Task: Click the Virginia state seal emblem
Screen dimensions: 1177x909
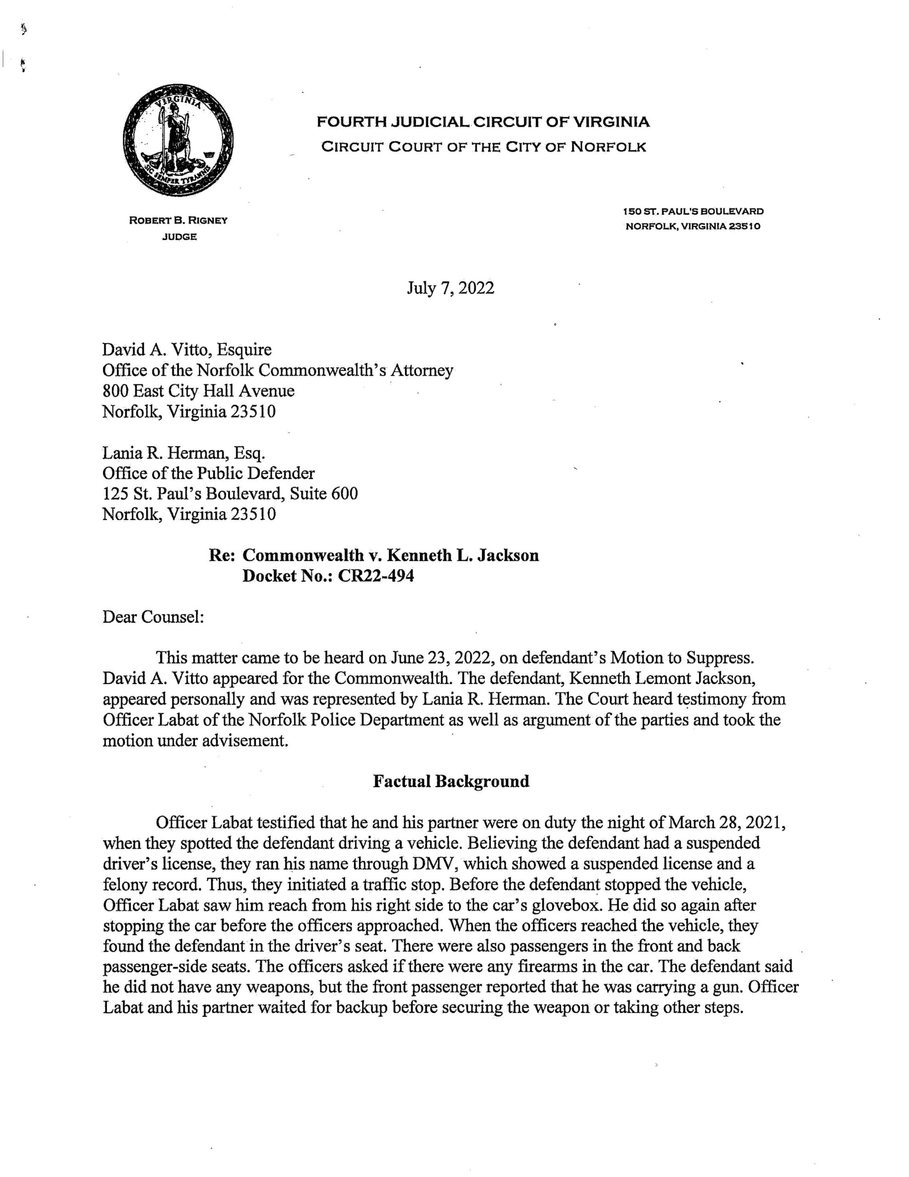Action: click(x=178, y=140)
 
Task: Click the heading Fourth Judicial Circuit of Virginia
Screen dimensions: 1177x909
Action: click(x=483, y=122)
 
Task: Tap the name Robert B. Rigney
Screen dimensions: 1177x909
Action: click(x=178, y=220)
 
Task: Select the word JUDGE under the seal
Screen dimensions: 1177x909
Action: click(x=179, y=237)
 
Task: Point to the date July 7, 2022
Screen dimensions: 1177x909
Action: click(x=450, y=288)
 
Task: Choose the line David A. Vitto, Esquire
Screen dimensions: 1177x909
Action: click(x=187, y=350)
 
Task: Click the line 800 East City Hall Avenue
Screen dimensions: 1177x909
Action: click(x=198, y=391)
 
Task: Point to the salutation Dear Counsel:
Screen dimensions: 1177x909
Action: click(x=153, y=617)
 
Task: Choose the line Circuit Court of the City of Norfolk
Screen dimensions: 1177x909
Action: click(x=483, y=147)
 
